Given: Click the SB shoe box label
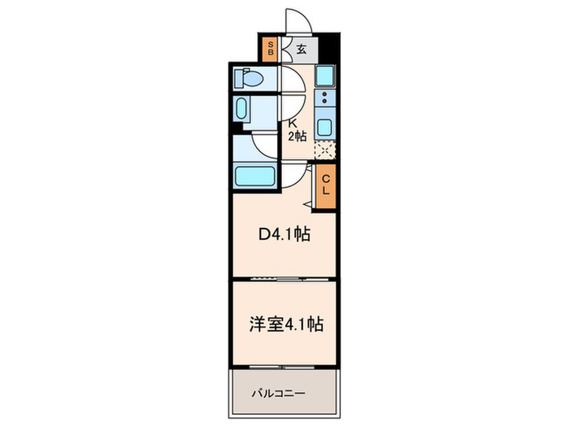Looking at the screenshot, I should pyautogui.click(x=271, y=49).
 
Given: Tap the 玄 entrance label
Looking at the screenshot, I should pyautogui.click(x=301, y=49).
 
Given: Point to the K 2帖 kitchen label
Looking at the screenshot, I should pyautogui.click(x=296, y=130).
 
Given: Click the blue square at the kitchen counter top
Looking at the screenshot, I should pyautogui.click(x=326, y=78).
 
